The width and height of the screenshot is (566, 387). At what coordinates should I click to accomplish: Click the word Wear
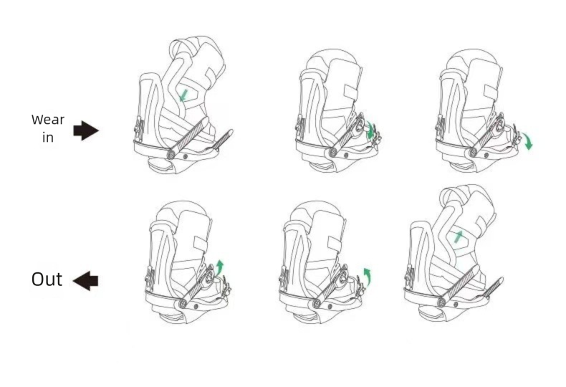point(48,120)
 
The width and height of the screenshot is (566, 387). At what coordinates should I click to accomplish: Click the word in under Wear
point(48,137)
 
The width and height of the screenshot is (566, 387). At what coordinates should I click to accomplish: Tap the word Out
point(47,279)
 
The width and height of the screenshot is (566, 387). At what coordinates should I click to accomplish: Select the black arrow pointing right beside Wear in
point(86,130)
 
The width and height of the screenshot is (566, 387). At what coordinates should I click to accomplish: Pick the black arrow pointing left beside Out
point(85,280)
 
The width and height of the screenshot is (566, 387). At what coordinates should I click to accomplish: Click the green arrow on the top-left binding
point(183,95)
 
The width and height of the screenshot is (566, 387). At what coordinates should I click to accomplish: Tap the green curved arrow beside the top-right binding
point(528,141)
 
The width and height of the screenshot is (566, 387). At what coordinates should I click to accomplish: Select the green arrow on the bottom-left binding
point(219,267)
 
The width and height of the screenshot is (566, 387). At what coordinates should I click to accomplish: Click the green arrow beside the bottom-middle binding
point(367,276)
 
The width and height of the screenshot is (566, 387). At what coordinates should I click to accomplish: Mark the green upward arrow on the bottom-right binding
point(458,236)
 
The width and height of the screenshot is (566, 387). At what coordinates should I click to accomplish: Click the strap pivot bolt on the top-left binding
point(171,155)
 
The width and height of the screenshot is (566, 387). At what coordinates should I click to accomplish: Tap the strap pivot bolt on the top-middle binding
point(333,153)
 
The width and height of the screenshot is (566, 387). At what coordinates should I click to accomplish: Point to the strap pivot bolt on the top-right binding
point(473,153)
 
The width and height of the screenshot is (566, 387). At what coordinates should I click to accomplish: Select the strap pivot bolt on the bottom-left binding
point(183,304)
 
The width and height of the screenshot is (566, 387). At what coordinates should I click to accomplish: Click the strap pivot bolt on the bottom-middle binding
point(317,304)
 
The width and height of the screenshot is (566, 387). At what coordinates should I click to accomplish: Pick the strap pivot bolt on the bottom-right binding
point(441,302)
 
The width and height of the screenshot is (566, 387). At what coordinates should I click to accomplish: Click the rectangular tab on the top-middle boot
point(350,92)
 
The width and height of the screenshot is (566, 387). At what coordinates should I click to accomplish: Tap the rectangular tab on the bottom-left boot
point(201,244)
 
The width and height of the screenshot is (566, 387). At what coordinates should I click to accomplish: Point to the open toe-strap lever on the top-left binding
point(222,139)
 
